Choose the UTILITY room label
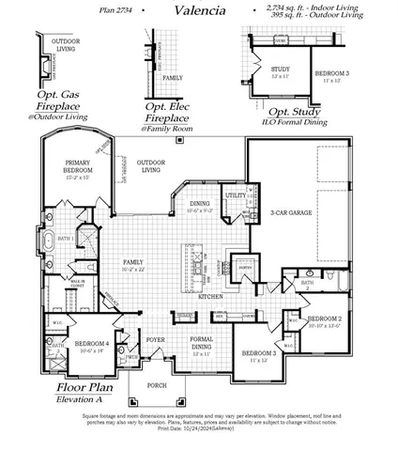coord(235,195)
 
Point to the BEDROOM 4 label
coord(94,345)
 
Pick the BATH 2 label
coord(308,285)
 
